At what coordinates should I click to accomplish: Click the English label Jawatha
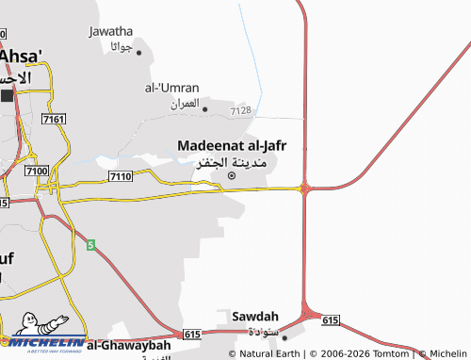(x=110, y=31)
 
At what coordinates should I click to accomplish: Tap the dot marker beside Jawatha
(x=138, y=52)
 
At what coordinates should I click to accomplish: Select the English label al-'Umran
(x=171, y=88)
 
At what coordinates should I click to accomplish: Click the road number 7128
(x=241, y=111)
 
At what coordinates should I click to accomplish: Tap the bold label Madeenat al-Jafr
(x=232, y=145)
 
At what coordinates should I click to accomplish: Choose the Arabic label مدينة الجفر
(x=232, y=162)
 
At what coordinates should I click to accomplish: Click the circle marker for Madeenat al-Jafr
(x=232, y=174)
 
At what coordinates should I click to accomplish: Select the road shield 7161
(x=54, y=119)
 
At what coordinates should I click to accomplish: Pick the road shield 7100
(x=37, y=171)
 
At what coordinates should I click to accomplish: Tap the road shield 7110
(x=120, y=176)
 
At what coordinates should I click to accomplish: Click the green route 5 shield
(x=90, y=245)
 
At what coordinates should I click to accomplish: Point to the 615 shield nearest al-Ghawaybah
(x=191, y=334)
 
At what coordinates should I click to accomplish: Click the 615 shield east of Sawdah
(x=330, y=321)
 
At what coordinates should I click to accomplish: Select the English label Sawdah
(x=254, y=316)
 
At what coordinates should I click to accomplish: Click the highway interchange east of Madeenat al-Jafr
(x=304, y=188)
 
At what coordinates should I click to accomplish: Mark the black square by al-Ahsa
(x=8, y=95)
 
